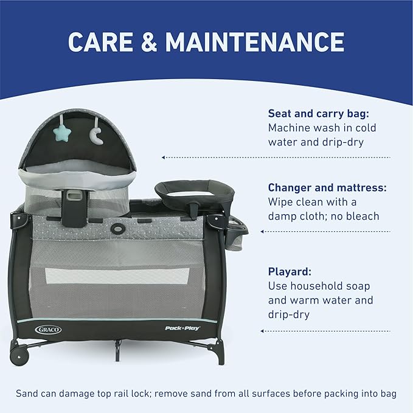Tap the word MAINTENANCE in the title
click(x=255, y=41)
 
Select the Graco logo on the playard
click(x=48, y=329)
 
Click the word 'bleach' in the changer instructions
click(x=362, y=217)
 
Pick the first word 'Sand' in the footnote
click(x=28, y=394)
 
